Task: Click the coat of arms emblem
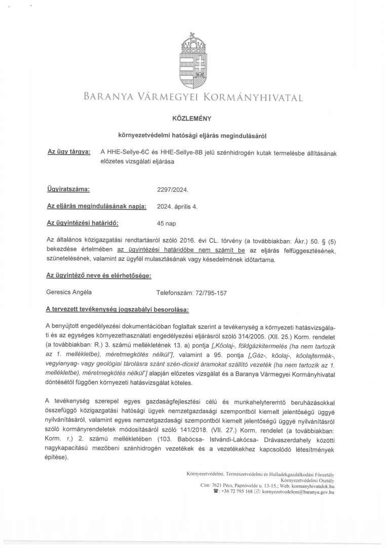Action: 193,61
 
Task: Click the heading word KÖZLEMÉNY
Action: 193,118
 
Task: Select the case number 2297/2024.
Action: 173,190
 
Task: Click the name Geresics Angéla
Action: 69,292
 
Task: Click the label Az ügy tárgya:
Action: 69,152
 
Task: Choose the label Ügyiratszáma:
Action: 68,190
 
